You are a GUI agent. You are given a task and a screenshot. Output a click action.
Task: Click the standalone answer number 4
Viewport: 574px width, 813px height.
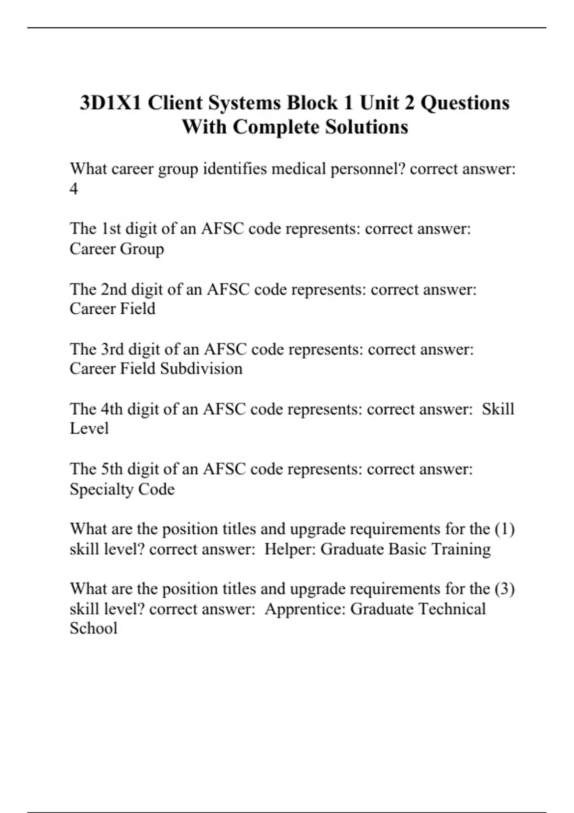pos(74,189)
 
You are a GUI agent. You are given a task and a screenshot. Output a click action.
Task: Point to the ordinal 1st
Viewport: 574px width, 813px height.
pos(110,229)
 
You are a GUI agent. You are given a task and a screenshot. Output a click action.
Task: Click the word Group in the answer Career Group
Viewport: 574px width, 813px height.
pos(142,249)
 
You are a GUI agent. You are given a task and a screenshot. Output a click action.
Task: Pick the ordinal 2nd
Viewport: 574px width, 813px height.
pos(113,289)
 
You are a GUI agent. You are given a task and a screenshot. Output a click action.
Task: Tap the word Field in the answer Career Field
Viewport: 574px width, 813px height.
pos(137,308)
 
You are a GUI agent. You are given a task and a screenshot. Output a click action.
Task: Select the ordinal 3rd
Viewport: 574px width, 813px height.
pos(112,349)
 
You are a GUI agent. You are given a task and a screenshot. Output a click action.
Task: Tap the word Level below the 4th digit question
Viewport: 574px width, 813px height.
pos(89,428)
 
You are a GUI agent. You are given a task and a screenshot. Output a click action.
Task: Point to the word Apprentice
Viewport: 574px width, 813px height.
pos(305,609)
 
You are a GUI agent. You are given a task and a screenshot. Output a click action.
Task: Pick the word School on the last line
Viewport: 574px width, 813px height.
pos(93,628)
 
